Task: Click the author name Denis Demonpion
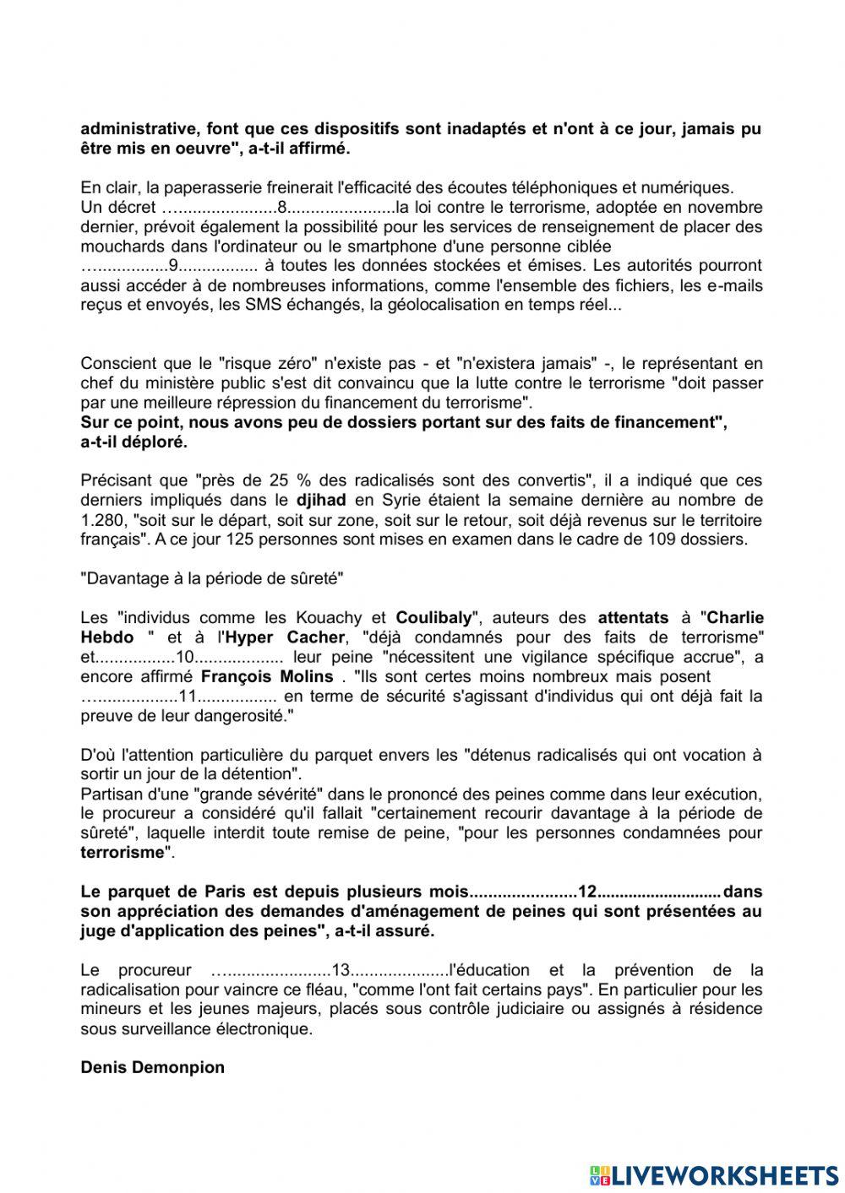(x=152, y=1067)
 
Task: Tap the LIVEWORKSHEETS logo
(x=713, y=1174)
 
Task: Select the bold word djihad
(x=324, y=500)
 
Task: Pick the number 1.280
(x=101, y=519)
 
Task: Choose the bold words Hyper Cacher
(x=295, y=637)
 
